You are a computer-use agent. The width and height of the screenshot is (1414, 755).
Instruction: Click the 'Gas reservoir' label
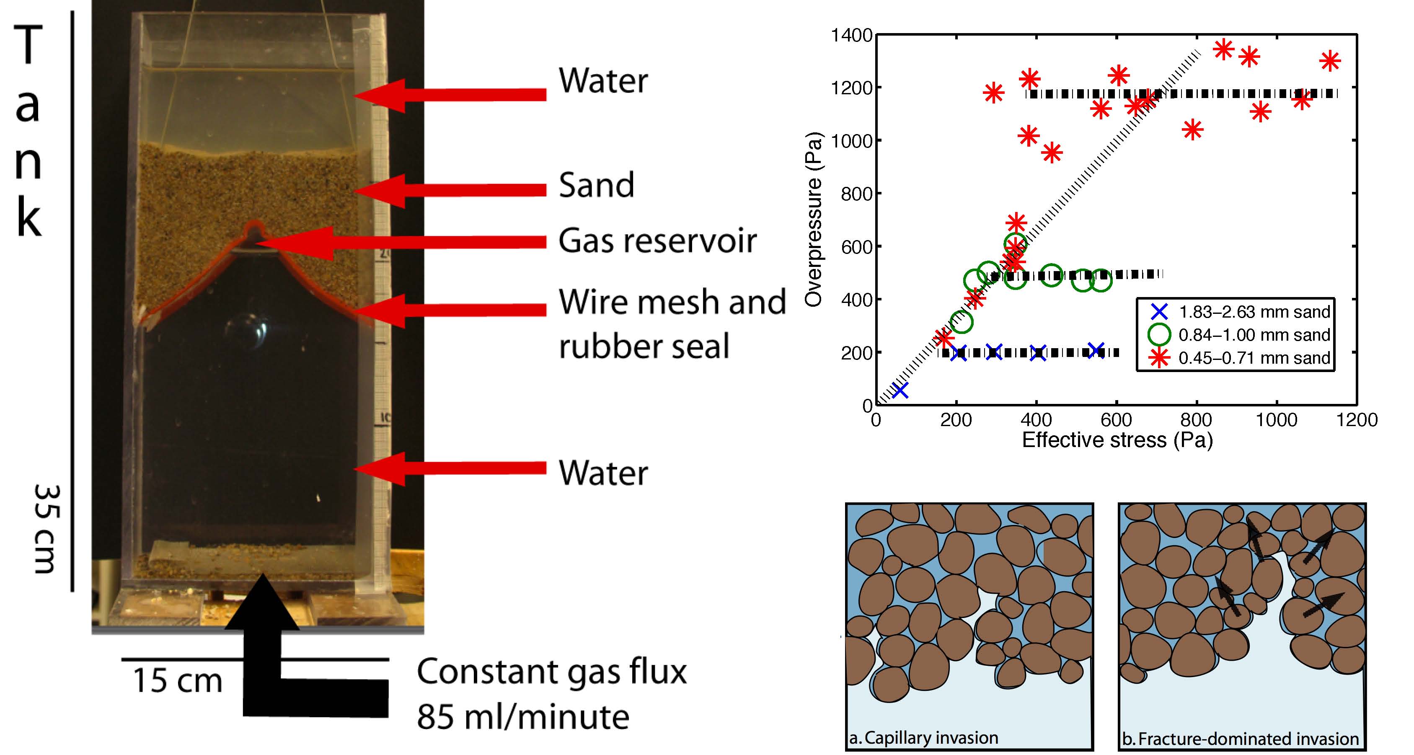[x=657, y=241]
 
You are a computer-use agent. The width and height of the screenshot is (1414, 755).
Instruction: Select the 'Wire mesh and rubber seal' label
[x=672, y=323]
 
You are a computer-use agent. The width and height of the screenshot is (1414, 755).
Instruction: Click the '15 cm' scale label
[x=177, y=681]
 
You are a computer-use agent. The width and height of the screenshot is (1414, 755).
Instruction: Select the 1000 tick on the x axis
[x=1276, y=420]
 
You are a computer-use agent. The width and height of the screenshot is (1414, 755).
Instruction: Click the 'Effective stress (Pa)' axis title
[x=1117, y=440]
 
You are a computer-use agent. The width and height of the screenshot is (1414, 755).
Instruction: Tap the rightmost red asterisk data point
[x=1329, y=61]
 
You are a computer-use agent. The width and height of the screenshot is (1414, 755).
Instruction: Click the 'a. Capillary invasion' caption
[x=924, y=737]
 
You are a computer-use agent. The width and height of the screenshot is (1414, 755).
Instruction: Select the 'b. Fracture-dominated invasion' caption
[x=1239, y=739]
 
